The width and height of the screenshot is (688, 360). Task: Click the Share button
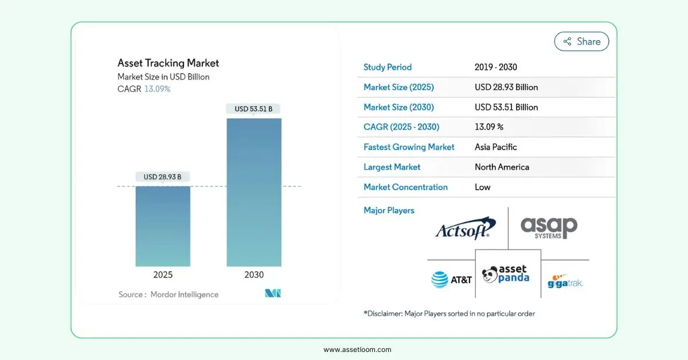(581, 41)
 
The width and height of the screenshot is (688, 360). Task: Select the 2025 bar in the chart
(163, 226)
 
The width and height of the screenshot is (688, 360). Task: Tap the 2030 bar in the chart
(254, 192)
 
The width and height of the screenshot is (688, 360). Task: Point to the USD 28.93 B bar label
(163, 177)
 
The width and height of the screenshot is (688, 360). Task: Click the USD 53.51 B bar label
(254, 109)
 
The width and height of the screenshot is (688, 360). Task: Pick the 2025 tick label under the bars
(163, 275)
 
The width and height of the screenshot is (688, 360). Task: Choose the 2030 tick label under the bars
(254, 275)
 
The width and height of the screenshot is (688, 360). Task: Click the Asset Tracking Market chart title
(168, 63)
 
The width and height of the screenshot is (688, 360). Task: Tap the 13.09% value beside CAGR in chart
(157, 89)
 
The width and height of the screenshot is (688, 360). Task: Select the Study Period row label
(388, 67)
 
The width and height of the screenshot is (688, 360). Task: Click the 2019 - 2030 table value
(496, 67)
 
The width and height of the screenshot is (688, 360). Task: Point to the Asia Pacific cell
(496, 147)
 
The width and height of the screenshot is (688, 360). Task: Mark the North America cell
(502, 167)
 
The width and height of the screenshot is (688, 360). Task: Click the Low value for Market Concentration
(483, 187)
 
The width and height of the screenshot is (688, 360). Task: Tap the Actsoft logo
(465, 229)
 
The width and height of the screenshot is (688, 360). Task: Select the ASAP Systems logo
(549, 228)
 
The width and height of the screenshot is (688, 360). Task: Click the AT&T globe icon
(440, 280)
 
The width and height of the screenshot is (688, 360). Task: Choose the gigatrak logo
(565, 280)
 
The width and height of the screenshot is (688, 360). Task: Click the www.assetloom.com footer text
(357, 349)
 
